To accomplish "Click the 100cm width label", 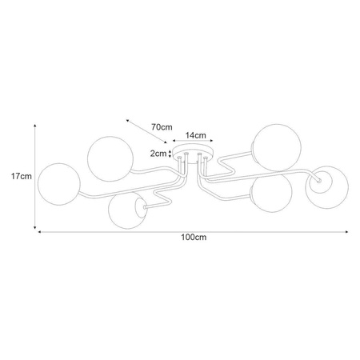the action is tap(194, 238).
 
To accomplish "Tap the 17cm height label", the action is tap(22, 176).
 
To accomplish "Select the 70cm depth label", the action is tap(162, 127).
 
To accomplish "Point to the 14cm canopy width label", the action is tap(196, 135).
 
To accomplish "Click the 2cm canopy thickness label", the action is tap(158, 154).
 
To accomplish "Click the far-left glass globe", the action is tap(59, 184).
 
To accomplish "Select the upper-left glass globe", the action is tap(110, 159).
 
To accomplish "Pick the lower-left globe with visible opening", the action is tap(127, 210).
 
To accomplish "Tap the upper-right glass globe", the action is tap(277, 147).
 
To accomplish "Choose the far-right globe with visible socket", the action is tap(327, 187).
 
